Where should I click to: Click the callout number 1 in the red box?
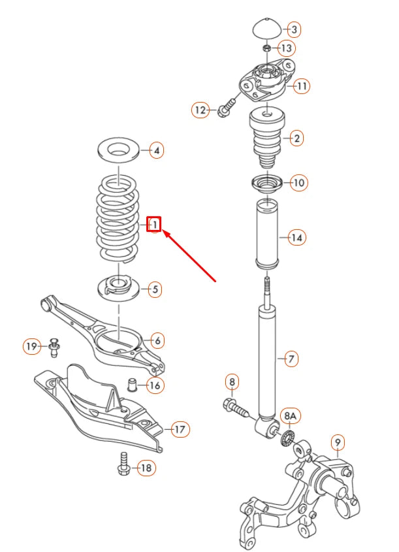(x=154, y=225)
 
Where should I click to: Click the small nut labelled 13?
(x=266, y=48)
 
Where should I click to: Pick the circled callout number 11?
(x=301, y=86)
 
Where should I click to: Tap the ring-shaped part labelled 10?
(x=264, y=183)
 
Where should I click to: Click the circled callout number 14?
(x=296, y=237)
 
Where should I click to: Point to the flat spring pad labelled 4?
(x=118, y=150)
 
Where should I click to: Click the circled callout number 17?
(x=179, y=429)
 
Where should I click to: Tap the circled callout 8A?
(x=289, y=415)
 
